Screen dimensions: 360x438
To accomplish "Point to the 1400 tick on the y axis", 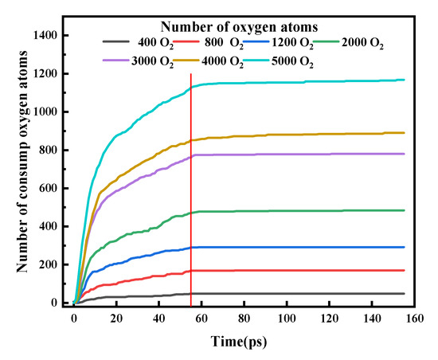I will pyautogui.click(x=50, y=35).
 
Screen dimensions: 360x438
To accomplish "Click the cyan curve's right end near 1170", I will pyautogui.click(x=404, y=80).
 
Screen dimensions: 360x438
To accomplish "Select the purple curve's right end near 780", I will pyautogui.click(x=404, y=154).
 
